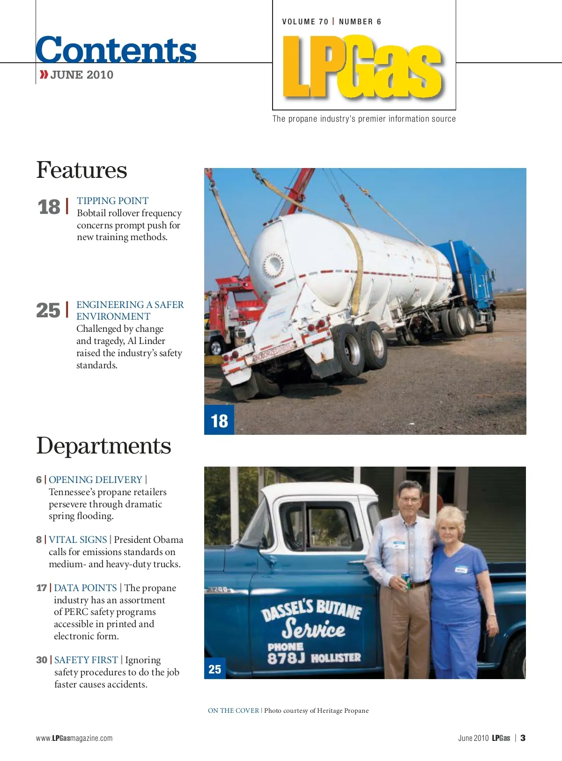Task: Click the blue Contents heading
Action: (x=116, y=50)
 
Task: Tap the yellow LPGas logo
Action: (x=362, y=67)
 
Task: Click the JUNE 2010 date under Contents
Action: (x=81, y=75)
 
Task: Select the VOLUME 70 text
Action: (x=305, y=22)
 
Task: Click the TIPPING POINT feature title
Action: (x=112, y=201)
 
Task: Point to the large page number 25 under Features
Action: (x=48, y=310)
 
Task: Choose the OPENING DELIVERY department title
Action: (x=95, y=480)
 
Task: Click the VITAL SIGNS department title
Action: (x=78, y=540)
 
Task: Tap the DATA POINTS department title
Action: (x=85, y=588)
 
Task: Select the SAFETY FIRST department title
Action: (x=86, y=660)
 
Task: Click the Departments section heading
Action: (x=104, y=446)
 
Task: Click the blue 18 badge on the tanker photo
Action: (x=219, y=420)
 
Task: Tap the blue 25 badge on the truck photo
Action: (x=214, y=669)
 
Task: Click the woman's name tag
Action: (x=461, y=570)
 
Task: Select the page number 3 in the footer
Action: (x=523, y=738)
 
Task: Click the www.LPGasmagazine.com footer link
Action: (x=74, y=738)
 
